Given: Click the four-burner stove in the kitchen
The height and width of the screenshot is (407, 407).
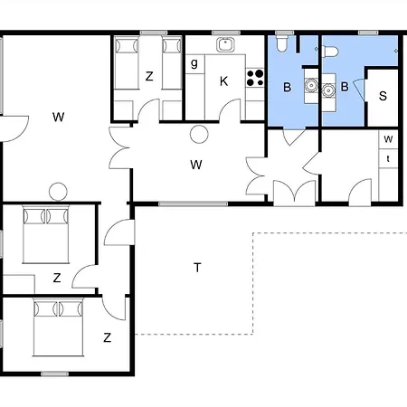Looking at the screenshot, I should [x=256, y=79].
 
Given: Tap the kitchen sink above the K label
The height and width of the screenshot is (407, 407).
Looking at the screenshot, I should [x=225, y=44].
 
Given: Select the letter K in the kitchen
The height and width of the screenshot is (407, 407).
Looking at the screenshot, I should [x=223, y=80].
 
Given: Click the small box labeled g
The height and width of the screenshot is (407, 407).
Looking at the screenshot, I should [x=195, y=63].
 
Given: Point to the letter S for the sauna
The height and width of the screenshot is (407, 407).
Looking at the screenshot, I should [x=383, y=96].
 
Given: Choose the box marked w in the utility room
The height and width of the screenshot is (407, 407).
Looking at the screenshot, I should [x=388, y=139].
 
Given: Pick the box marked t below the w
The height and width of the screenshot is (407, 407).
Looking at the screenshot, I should [x=388, y=157].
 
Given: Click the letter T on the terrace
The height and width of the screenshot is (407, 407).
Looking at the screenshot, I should [x=196, y=267].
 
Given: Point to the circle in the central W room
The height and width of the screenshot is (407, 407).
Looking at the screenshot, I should [x=199, y=135].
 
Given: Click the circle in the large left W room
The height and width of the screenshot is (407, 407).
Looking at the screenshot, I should [x=58, y=192].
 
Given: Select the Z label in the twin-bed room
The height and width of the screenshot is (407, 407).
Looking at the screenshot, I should [x=149, y=77].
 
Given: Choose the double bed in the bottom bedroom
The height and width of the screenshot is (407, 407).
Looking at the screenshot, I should [x=56, y=327].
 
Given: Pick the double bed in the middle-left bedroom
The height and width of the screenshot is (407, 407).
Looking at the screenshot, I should [x=45, y=236].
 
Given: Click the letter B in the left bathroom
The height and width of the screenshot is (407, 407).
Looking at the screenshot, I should [x=287, y=88].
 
